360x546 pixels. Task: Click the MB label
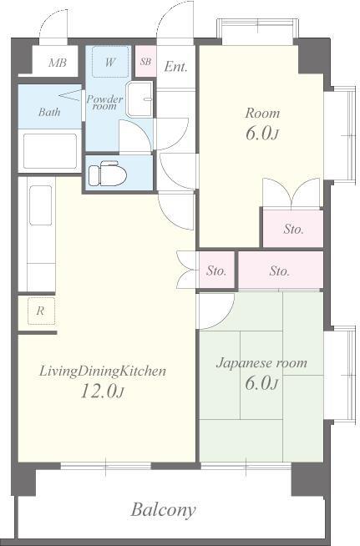[58, 63]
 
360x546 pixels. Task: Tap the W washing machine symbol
[110, 62]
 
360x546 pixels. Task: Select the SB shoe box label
[145, 61]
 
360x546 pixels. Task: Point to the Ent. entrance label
[175, 66]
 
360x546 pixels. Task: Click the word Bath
[49, 112]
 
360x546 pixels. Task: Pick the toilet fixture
[107, 173]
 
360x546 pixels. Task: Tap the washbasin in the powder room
[139, 99]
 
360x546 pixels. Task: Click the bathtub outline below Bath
[50, 151]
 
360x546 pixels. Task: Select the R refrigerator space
[41, 311]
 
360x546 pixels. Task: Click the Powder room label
[104, 103]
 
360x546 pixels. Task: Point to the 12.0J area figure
[103, 391]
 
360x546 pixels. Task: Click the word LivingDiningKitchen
[103, 372]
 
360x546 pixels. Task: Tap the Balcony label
[163, 510]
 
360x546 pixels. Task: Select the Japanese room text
[261, 363]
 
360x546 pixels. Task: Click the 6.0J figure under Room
[261, 134]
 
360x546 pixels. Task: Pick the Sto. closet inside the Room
[293, 229]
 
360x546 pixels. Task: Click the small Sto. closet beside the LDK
[216, 270]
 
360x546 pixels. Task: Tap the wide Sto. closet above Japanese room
[281, 270]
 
